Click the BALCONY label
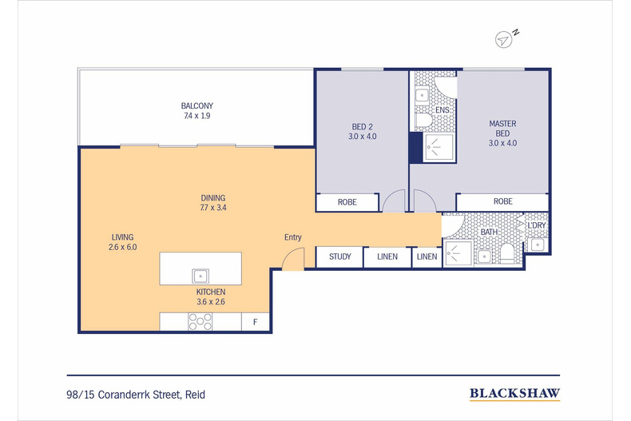pyautogui.click(x=196, y=106)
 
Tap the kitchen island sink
pyautogui.click(x=200, y=276)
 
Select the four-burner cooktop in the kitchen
pyautogui.click(x=200, y=322)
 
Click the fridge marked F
pyautogui.click(x=255, y=322)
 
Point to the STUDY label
pyautogui.click(x=340, y=256)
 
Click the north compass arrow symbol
pyautogui.click(x=503, y=40)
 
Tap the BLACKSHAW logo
pyautogui.click(x=514, y=393)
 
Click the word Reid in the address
pyautogui.click(x=195, y=395)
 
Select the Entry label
pyautogui.click(x=293, y=237)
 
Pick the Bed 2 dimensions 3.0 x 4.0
pyautogui.click(x=362, y=137)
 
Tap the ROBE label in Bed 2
pyautogui.click(x=347, y=202)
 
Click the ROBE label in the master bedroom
pyautogui.click(x=503, y=201)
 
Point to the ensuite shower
pyautogui.click(x=439, y=147)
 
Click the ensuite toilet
pyautogui.click(x=423, y=120)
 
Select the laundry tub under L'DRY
pyautogui.click(x=538, y=244)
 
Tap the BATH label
pyautogui.click(x=489, y=232)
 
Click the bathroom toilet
pyautogui.click(x=506, y=253)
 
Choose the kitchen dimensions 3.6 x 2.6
pyautogui.click(x=211, y=302)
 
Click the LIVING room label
pyautogui.click(x=122, y=237)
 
